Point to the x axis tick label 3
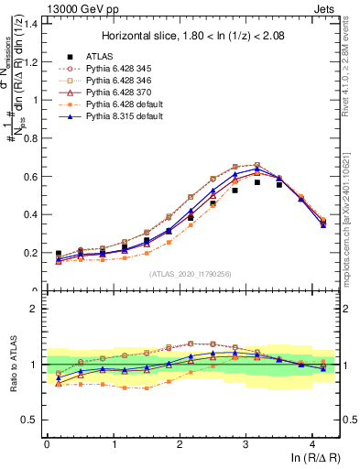click(x=245, y=443)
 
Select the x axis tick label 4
click(x=312, y=443)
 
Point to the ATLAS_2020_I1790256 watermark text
click(x=191, y=274)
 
